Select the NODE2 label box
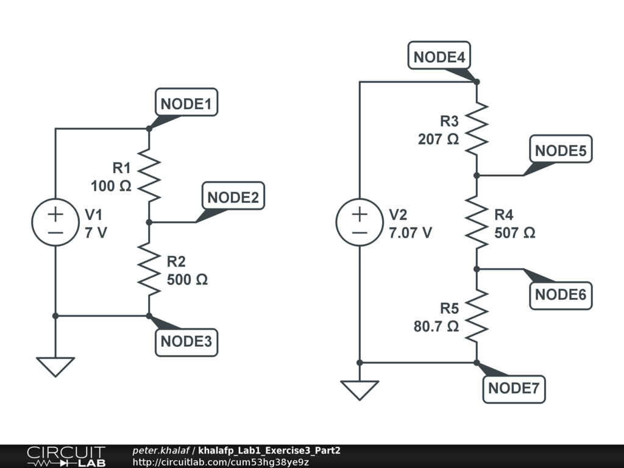pos(233,197)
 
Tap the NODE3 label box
pos(186,341)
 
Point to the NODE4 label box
pos(439,57)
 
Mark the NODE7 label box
pos(514,388)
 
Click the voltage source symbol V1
pos(55,222)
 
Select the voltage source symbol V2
pos(360,222)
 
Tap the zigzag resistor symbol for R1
pos(149,175)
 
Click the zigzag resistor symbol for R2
pos(149,269)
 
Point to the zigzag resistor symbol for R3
pos(477,129)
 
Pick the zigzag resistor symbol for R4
pos(477,222)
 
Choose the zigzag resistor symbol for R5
pos(477,316)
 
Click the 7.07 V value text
pos(411,232)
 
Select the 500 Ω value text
pos(187,280)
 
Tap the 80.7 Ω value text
pos(436,326)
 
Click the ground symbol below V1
pos(55,367)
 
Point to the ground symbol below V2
pos(360,390)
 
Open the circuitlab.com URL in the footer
pos(221,462)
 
